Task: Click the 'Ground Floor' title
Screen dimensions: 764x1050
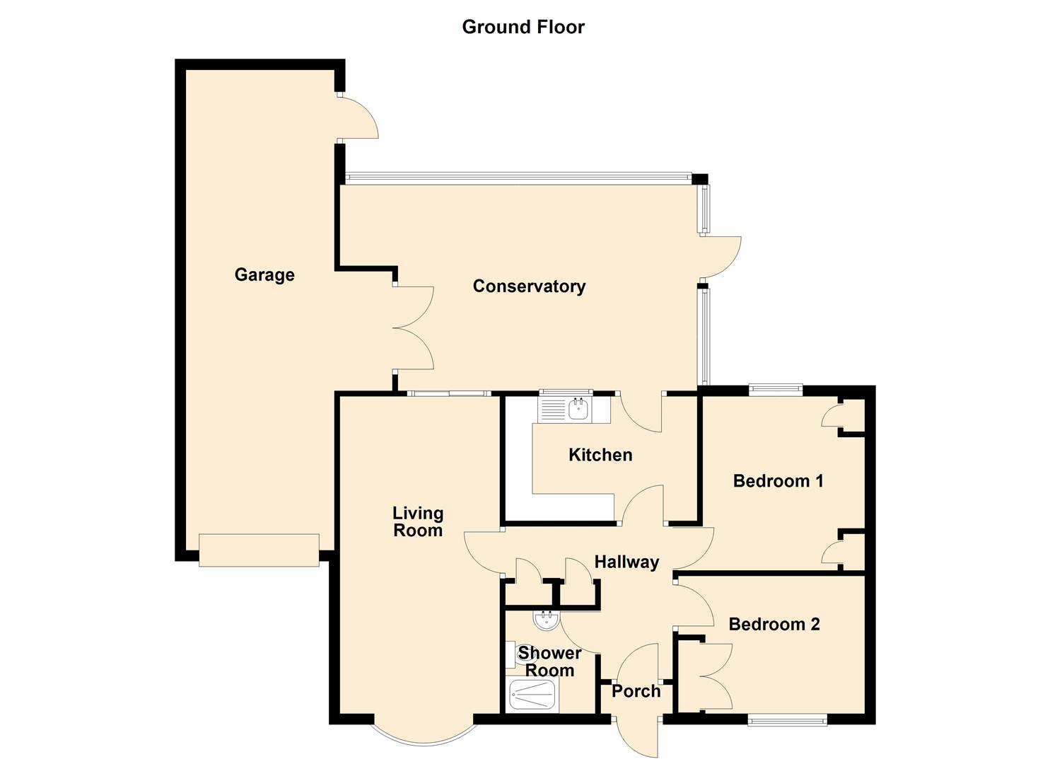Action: (523, 27)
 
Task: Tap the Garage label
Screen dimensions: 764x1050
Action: (264, 274)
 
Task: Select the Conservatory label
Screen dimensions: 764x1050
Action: (529, 286)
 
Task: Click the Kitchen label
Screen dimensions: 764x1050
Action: (600, 455)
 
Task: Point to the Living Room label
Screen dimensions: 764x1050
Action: (418, 521)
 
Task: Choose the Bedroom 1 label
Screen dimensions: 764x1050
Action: (778, 481)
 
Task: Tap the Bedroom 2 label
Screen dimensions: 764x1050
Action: (774, 624)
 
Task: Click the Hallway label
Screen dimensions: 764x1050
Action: (626, 562)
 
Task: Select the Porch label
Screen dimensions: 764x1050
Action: (636, 691)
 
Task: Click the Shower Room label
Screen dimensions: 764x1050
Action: (549, 661)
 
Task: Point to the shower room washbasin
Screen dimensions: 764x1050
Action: (546, 621)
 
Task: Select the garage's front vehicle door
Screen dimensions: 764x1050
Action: (259, 550)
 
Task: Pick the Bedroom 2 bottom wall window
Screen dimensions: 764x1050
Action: (787, 721)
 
